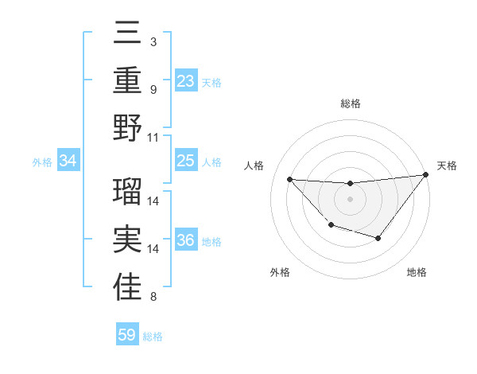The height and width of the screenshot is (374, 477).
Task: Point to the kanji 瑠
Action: point(128,191)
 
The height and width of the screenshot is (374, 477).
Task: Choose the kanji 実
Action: point(128,240)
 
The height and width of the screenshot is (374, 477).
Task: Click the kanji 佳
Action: point(128,287)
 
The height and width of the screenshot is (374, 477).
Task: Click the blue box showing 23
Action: point(186,80)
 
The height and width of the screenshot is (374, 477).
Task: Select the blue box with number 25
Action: point(186,162)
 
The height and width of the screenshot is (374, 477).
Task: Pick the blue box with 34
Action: point(68,162)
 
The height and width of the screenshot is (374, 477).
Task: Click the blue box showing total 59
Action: point(127,335)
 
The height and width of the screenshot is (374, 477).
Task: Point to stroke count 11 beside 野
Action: point(154,137)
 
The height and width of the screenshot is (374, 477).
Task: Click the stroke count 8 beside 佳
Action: point(153,298)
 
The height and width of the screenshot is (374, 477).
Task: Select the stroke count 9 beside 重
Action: point(153,89)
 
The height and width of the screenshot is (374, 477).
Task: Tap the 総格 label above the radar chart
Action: point(351,103)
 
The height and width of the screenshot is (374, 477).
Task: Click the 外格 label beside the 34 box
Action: point(42,162)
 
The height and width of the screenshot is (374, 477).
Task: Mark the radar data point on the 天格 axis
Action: point(425,175)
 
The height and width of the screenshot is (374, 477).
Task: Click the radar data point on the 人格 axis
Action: point(290,179)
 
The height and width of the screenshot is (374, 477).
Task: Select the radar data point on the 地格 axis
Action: point(378,238)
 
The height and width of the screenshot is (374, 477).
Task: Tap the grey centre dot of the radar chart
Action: point(350,199)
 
